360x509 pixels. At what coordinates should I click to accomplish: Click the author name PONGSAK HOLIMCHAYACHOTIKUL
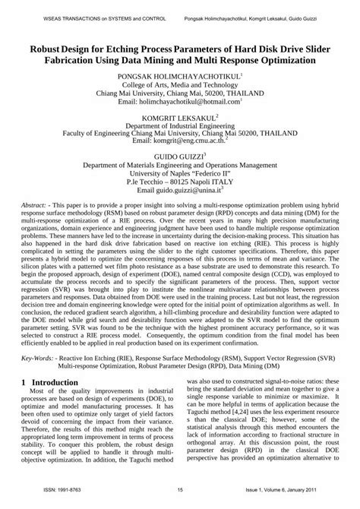(x=178, y=77)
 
